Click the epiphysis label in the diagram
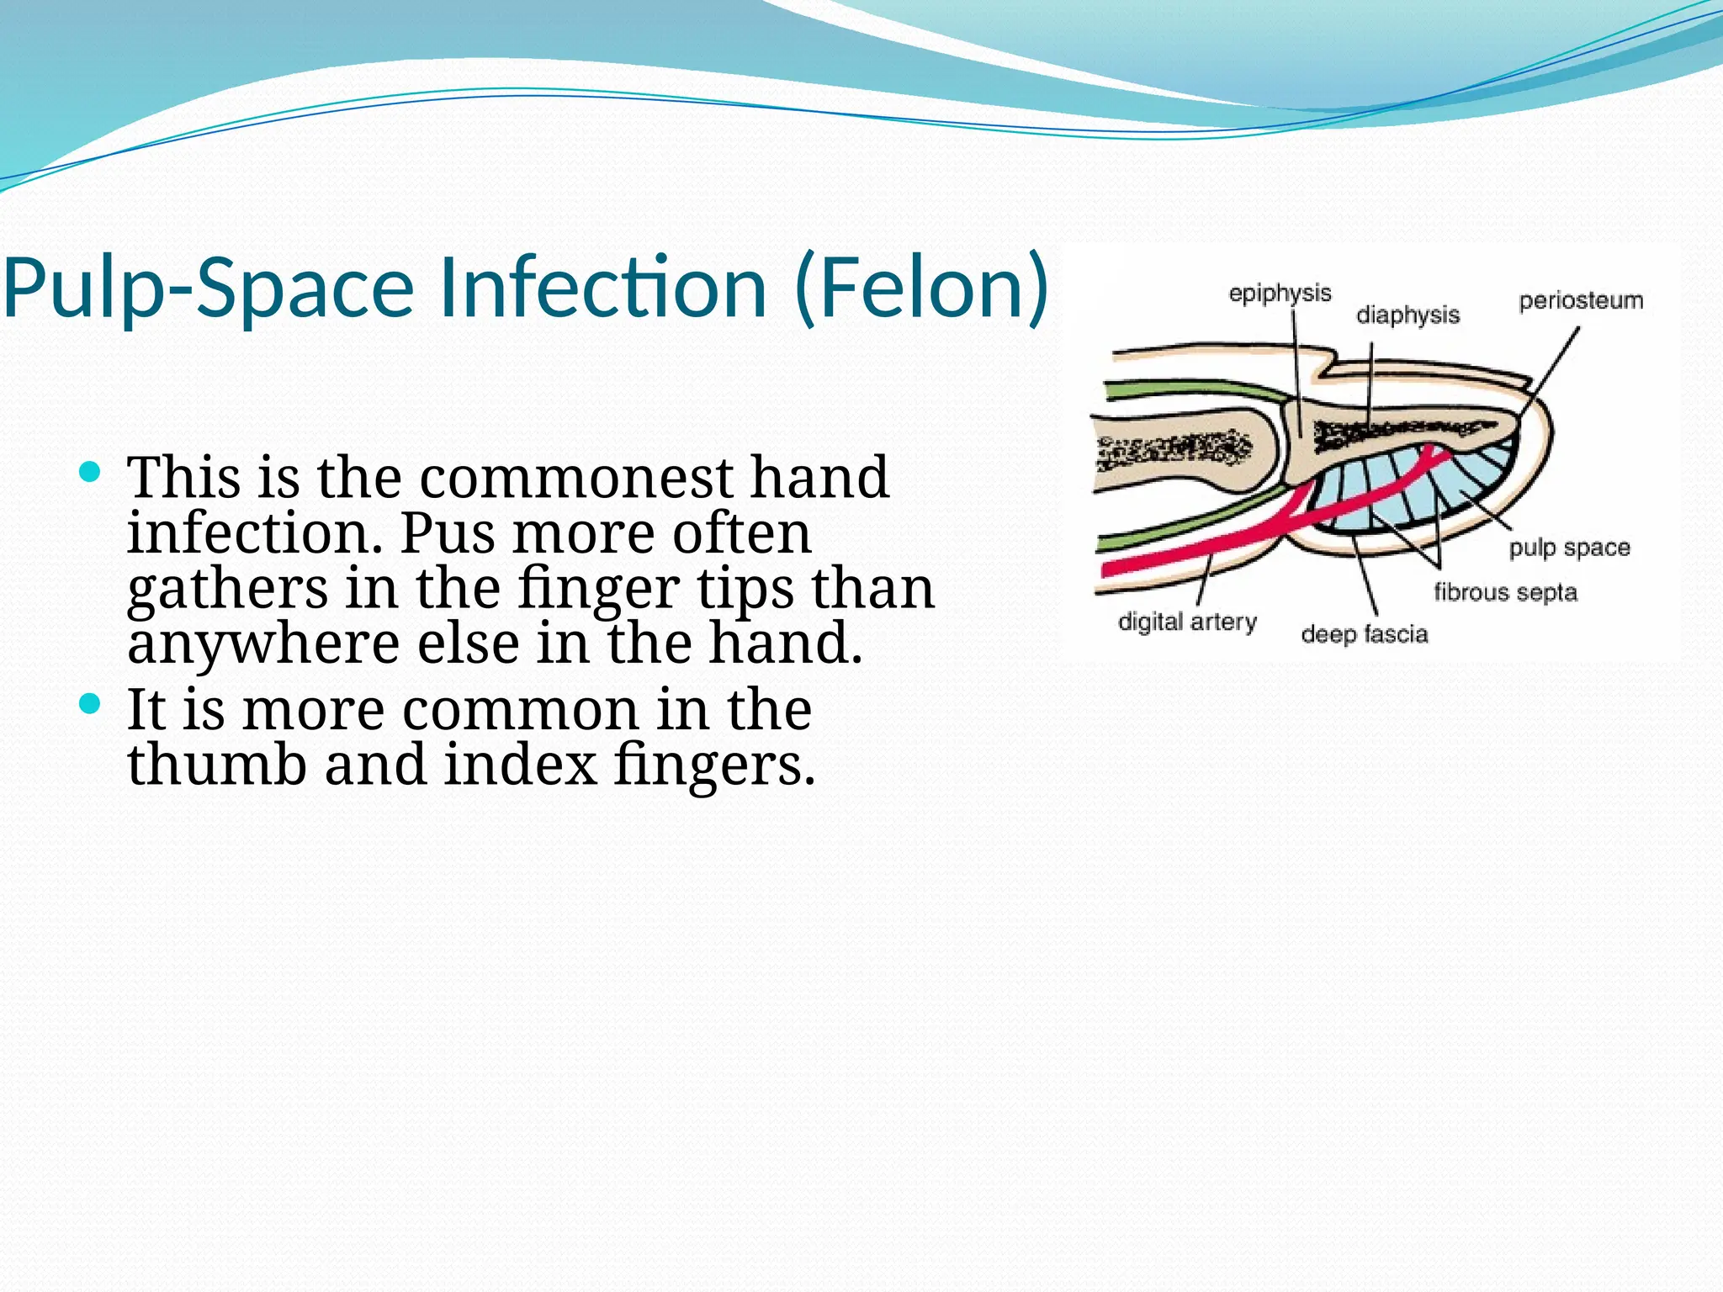coord(1280,294)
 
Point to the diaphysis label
coord(1408,315)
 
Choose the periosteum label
coord(1580,300)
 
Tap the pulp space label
coord(1569,548)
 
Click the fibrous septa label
coord(1505,592)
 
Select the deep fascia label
coord(1364,633)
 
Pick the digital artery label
coord(1187,622)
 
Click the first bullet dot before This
coord(89,472)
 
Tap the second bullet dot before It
coord(89,703)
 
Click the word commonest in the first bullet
coord(576,477)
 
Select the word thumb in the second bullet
coord(216,765)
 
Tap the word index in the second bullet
coord(520,765)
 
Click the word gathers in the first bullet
coord(227,589)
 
